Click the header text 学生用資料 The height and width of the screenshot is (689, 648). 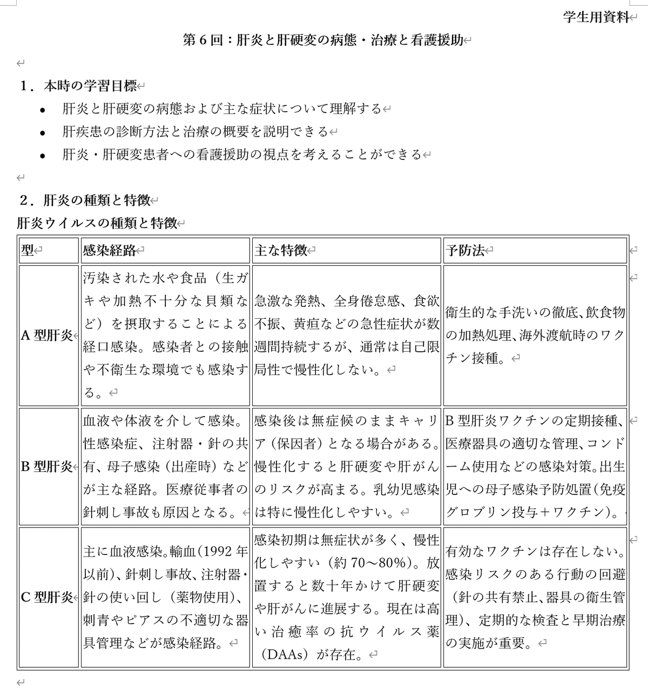pyautogui.click(x=596, y=17)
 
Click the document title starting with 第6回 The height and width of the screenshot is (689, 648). pyautogui.click(x=323, y=41)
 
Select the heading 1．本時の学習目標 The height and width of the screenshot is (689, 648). pyautogui.click(x=78, y=86)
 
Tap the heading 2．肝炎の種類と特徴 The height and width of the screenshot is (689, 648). pyautogui.click(x=85, y=200)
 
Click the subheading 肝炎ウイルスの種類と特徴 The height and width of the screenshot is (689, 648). pyautogui.click(x=97, y=223)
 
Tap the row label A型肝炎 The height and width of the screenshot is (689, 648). pyautogui.click(x=46, y=336)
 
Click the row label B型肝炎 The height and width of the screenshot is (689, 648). pyautogui.click(x=46, y=466)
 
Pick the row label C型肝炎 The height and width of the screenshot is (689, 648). pyautogui.click(x=46, y=597)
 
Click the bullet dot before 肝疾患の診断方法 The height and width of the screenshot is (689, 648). pyautogui.click(x=43, y=132)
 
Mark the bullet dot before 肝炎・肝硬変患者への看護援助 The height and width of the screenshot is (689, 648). pyautogui.click(x=43, y=156)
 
